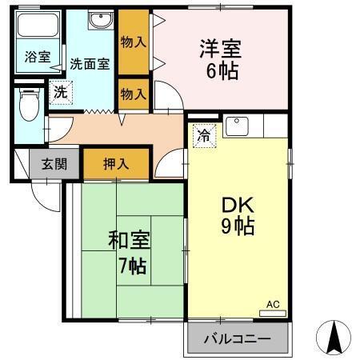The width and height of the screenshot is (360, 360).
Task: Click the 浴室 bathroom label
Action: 37,58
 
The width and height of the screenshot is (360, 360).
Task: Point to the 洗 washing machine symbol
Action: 61,92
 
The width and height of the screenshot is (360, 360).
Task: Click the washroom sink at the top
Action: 99,22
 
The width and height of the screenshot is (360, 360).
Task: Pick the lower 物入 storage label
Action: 134,94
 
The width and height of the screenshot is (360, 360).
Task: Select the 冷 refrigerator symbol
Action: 204,136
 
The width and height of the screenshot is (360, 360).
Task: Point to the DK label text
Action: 238,204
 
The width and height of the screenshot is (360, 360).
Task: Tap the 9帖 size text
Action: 238,227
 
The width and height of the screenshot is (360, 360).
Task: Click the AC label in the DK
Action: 273,304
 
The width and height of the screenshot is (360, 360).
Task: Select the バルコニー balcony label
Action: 236,339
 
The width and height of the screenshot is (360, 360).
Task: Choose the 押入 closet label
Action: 116,164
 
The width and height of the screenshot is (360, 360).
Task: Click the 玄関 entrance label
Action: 54,165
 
